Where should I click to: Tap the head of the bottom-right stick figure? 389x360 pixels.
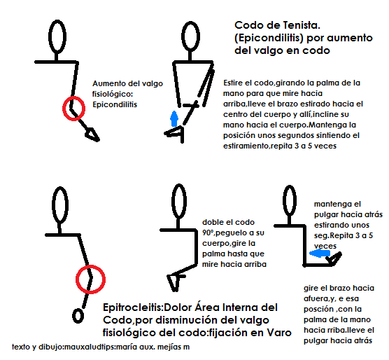(x=295, y=201)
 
